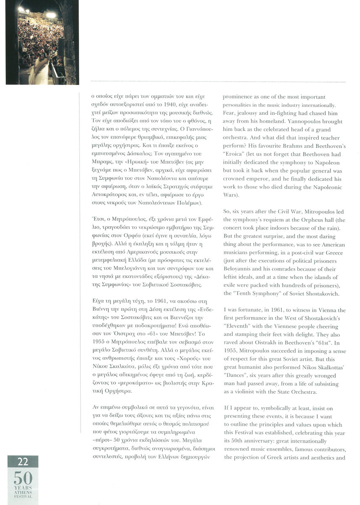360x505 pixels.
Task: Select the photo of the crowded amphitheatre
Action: pos(42,42)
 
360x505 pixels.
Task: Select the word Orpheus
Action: pos(298,219)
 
